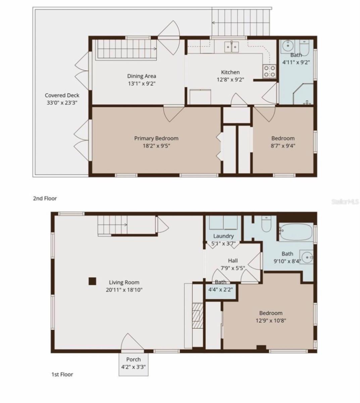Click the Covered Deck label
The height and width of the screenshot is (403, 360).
62,95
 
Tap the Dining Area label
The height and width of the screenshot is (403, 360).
141,76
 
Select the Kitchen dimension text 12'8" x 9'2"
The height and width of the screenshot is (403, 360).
230,80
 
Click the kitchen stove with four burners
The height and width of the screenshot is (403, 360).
270,71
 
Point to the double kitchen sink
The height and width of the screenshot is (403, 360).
232,47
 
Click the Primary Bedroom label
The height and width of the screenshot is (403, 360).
156,138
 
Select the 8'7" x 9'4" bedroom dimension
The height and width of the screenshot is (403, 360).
283,146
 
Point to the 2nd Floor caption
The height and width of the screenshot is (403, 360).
45,198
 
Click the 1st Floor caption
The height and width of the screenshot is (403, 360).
62,374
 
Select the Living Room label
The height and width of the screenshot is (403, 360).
124,282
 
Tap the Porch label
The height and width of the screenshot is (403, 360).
133,360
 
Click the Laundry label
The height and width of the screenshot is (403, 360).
223,236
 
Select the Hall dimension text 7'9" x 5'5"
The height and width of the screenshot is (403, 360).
233,268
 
